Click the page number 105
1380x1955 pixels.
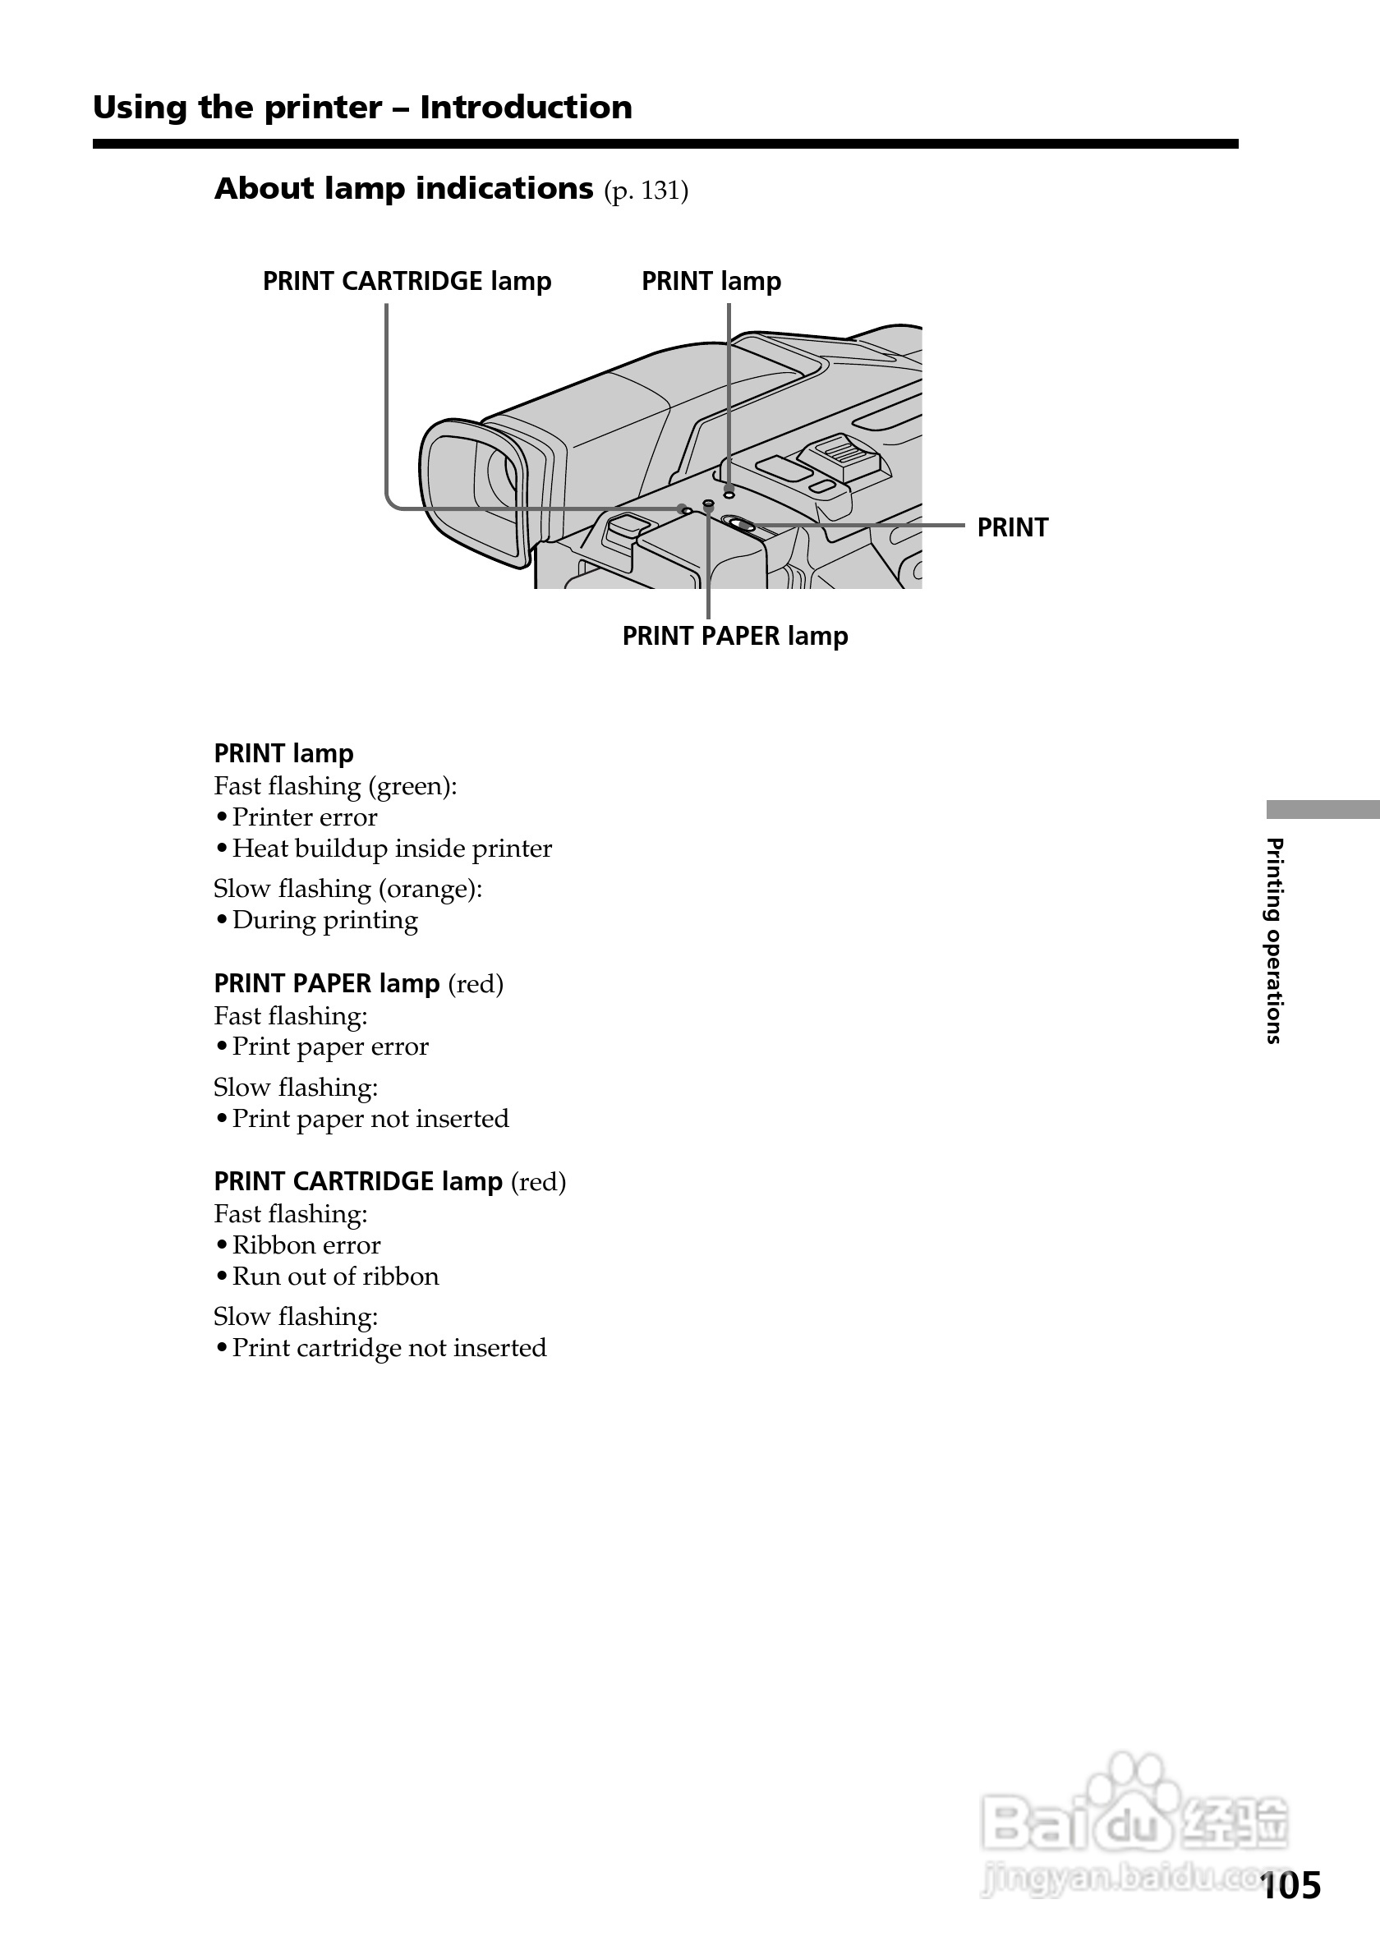pos(1290,1885)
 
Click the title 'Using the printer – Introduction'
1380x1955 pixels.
pos(361,108)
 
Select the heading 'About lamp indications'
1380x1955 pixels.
pos(403,188)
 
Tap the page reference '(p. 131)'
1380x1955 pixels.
pos(646,191)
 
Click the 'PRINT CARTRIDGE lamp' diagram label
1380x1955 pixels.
pos(406,281)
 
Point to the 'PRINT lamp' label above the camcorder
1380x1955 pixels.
pos(711,281)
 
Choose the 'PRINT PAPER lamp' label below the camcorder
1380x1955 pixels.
pos(734,636)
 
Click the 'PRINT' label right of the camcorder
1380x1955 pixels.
pos(1012,528)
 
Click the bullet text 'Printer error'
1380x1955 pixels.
pos(304,817)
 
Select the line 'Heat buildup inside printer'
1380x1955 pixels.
pos(392,849)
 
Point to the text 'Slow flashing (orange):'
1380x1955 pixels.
pos(347,889)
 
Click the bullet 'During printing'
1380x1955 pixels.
pos(324,921)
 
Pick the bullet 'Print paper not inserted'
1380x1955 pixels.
pos(370,1119)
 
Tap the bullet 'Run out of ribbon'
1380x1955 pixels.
pos(335,1276)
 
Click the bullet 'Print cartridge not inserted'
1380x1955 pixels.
pos(389,1348)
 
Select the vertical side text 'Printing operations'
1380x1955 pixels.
pos(1274,941)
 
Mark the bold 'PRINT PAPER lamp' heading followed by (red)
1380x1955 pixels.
pos(327,983)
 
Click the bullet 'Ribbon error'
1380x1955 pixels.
pos(306,1246)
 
